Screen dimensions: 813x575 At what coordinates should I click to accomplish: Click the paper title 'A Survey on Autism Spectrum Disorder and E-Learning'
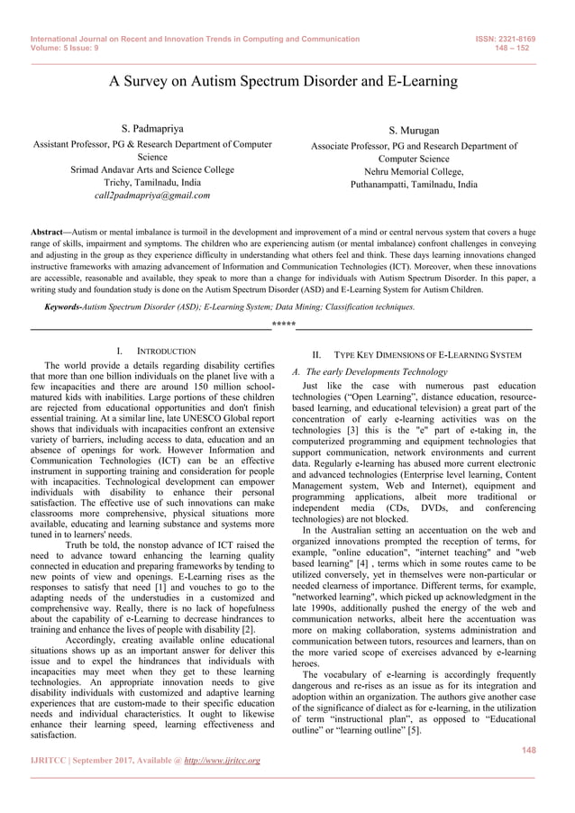[x=284, y=82]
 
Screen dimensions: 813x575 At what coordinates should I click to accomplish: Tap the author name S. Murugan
[x=414, y=132]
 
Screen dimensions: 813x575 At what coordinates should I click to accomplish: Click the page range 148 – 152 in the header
[x=516, y=49]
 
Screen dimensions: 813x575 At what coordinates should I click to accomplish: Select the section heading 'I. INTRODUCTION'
[x=157, y=351]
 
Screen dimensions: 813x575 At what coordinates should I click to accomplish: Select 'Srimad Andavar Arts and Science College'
[x=152, y=169]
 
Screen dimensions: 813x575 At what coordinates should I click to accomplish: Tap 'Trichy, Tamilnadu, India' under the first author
[x=152, y=182]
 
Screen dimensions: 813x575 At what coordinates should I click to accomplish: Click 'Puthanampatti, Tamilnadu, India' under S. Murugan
[x=414, y=184]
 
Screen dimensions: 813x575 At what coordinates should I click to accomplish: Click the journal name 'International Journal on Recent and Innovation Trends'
[x=144, y=40]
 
